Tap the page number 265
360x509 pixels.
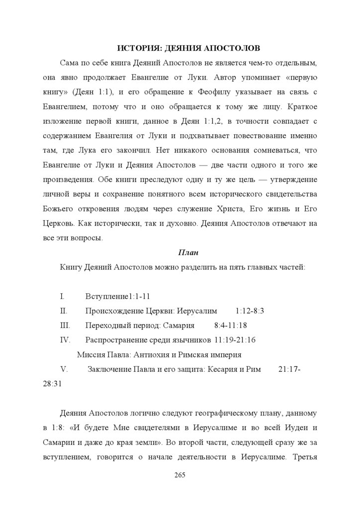(180, 475)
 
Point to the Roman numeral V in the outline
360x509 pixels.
(63, 370)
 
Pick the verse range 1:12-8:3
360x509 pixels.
(250, 311)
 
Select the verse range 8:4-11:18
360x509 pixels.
(231, 326)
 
